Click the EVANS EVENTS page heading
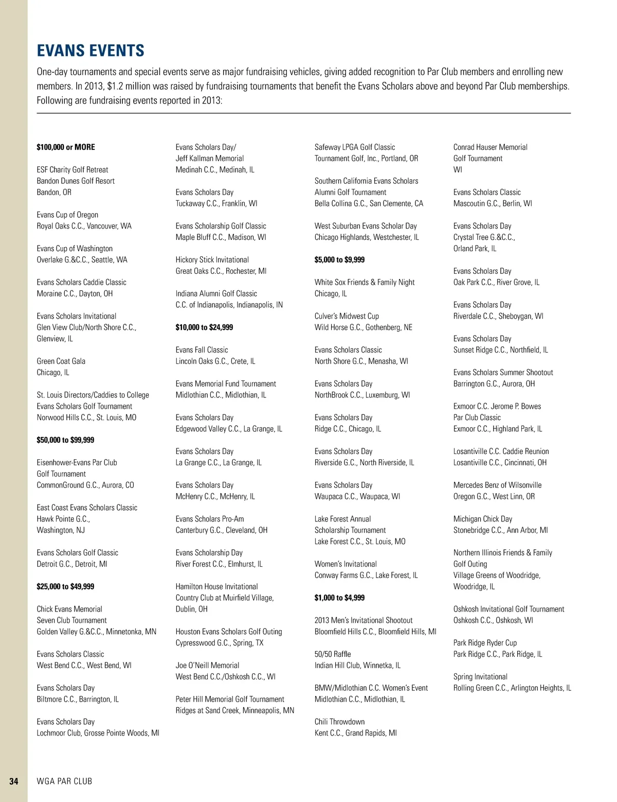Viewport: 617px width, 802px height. tap(90, 50)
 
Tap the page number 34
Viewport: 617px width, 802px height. tap(14, 781)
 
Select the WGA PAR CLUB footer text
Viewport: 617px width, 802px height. tap(64, 781)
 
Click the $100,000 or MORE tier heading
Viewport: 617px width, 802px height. tap(66, 147)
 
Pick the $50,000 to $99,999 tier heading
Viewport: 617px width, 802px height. tap(65, 440)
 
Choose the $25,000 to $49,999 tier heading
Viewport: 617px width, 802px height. tap(65, 586)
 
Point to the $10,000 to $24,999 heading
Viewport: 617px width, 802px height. tap(204, 327)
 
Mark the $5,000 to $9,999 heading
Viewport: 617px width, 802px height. tap(339, 260)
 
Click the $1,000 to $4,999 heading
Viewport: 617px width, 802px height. tap(339, 598)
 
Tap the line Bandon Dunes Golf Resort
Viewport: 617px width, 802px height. tap(76, 181)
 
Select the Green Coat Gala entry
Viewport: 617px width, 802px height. tap(61, 361)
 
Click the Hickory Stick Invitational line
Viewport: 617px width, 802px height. tap(212, 260)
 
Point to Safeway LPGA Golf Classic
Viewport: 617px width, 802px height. tap(355, 147)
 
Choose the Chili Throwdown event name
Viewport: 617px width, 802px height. tap(339, 722)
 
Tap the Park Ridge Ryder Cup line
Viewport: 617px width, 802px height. tap(485, 643)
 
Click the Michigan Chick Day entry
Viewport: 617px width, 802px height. tap(483, 519)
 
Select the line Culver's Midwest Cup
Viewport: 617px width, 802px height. tap(347, 316)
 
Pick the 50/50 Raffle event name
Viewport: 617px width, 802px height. tap(333, 654)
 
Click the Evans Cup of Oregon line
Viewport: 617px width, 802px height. tap(67, 215)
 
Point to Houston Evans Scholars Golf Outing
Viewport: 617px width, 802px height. tap(229, 632)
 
